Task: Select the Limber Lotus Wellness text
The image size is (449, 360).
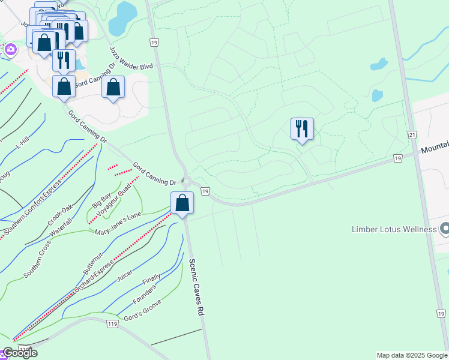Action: pyautogui.click(x=394, y=230)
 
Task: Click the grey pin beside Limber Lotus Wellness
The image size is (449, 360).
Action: pyautogui.click(x=444, y=229)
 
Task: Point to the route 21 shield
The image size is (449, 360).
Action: pyautogui.click(x=412, y=135)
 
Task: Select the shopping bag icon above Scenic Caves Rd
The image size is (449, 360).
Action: pyautogui.click(x=182, y=203)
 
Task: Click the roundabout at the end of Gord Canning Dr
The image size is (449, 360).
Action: pyautogui.click(x=187, y=182)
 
